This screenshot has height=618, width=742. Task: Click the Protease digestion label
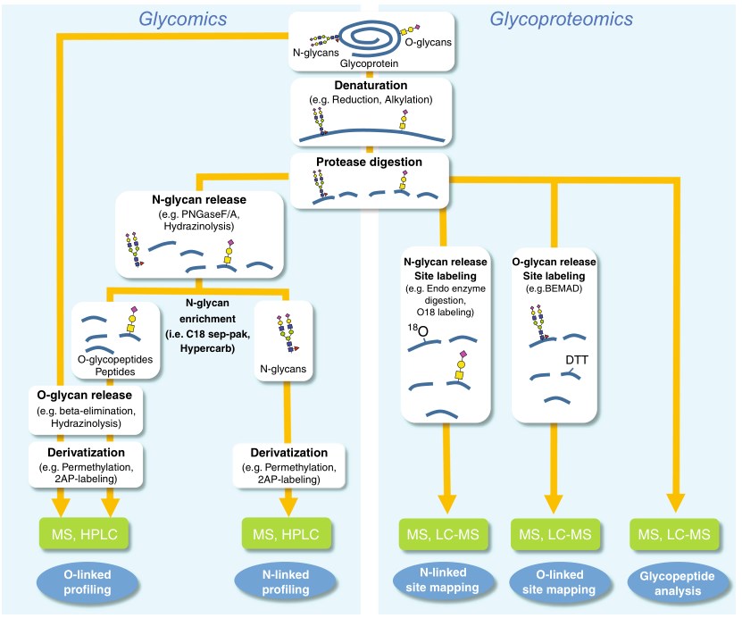tap(370, 163)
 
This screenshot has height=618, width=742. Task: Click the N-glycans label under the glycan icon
tap(288, 365)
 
